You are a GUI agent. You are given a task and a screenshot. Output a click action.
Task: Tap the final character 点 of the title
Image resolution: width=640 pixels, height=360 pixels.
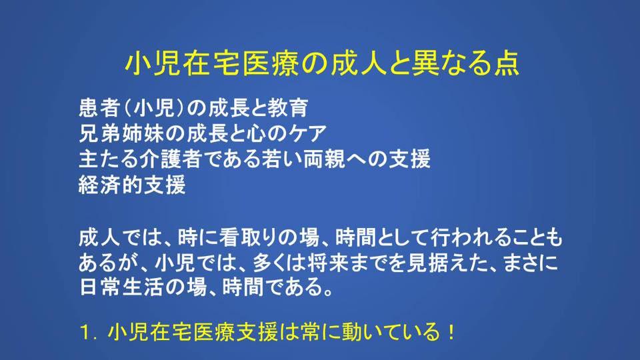[x=507, y=63]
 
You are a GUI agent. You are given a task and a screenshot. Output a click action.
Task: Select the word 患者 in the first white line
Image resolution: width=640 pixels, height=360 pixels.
[x=99, y=108]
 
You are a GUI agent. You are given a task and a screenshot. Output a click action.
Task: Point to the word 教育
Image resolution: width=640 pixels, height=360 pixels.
[x=288, y=108]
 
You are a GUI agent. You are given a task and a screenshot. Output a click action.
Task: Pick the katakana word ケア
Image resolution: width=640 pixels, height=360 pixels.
[x=307, y=133]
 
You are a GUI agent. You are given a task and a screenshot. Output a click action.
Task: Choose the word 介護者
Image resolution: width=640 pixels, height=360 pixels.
[x=171, y=159]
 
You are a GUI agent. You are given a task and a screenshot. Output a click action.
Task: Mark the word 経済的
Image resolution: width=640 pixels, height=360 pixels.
[x=110, y=185]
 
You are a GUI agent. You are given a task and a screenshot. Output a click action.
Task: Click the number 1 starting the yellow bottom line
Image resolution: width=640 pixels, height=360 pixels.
[x=85, y=333]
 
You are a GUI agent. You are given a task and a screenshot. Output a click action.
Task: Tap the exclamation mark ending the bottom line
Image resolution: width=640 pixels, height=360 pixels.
[x=451, y=332]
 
